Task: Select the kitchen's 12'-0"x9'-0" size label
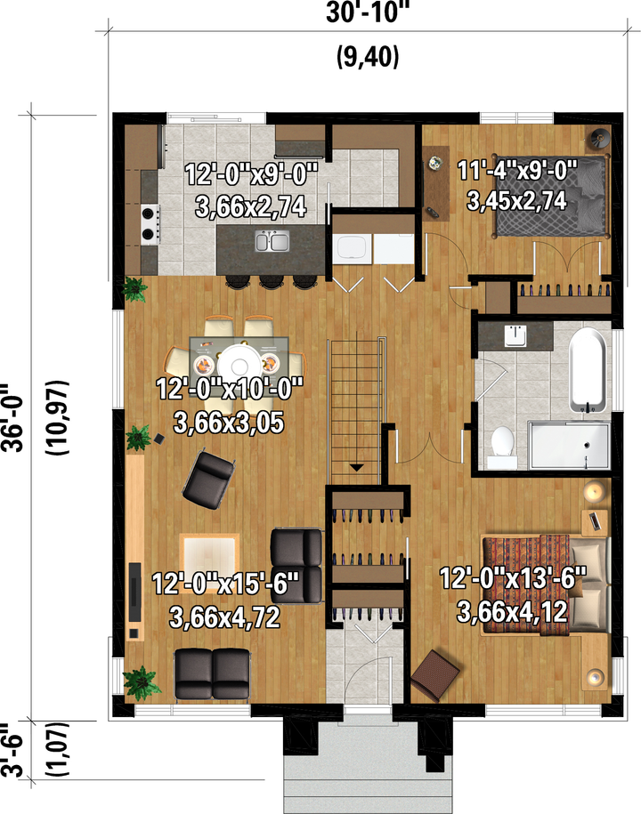click(x=251, y=173)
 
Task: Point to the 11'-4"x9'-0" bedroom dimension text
click(x=517, y=170)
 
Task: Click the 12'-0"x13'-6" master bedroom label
click(x=513, y=577)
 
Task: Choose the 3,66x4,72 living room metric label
click(x=224, y=617)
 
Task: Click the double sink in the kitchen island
click(x=272, y=241)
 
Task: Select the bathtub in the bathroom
click(x=588, y=369)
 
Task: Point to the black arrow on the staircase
click(x=356, y=467)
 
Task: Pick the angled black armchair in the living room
click(x=208, y=480)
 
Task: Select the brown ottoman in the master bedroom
click(x=434, y=675)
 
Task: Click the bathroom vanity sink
click(x=515, y=335)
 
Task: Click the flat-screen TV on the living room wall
click(x=135, y=592)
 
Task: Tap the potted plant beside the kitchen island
click(x=134, y=289)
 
